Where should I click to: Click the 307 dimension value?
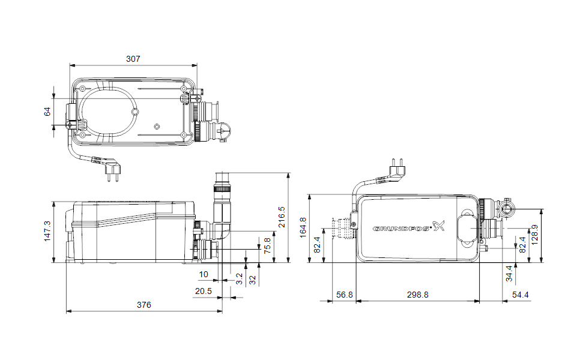133,59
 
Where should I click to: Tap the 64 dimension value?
47,112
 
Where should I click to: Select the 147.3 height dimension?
47,231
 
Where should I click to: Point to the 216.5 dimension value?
282,217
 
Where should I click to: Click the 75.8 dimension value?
268,246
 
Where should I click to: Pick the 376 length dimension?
144,305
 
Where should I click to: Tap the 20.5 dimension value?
204,291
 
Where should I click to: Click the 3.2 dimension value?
239,278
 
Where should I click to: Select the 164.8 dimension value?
303,227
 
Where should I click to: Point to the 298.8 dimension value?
417,295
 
